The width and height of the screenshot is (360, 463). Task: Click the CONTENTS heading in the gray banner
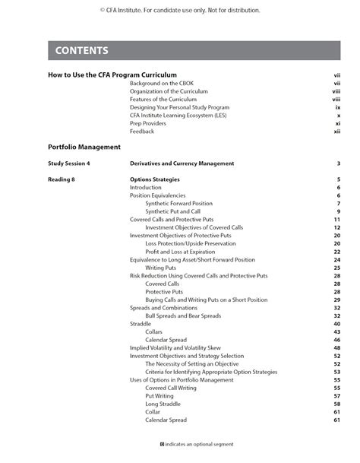point(83,51)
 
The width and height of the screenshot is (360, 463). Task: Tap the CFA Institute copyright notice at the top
point(179,11)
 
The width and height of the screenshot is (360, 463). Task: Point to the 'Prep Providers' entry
point(148,123)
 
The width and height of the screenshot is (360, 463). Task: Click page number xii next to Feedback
point(336,132)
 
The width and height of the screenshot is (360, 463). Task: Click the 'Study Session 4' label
point(68,163)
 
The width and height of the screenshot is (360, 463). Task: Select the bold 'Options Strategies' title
point(154,179)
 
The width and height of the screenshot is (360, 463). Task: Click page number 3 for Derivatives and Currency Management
point(338,163)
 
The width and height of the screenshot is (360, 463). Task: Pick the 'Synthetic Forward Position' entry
point(178,204)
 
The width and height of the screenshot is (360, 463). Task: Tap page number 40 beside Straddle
point(336,324)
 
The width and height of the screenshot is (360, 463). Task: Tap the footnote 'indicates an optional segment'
point(196,444)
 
